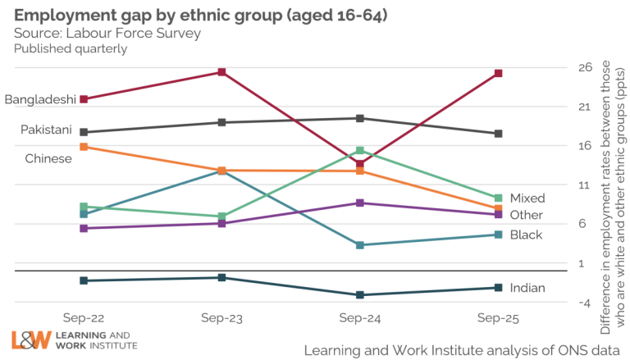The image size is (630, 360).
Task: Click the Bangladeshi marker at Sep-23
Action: coord(221,72)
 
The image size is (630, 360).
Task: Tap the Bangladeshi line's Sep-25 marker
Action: coord(498,74)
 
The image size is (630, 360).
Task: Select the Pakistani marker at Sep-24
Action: coord(360,118)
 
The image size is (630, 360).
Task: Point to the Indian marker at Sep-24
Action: coord(360,295)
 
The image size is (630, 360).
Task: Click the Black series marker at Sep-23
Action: coord(221,171)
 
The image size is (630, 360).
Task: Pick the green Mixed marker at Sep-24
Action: coord(360,151)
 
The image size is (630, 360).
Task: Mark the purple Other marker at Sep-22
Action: coord(84,228)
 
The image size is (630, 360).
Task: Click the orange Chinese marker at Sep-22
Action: coord(84,147)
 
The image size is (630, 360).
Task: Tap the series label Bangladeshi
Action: coord(40,100)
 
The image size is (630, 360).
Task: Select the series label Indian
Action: coord(527,288)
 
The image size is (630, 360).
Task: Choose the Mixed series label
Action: coord(527,198)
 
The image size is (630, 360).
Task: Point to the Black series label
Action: coord(526,235)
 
